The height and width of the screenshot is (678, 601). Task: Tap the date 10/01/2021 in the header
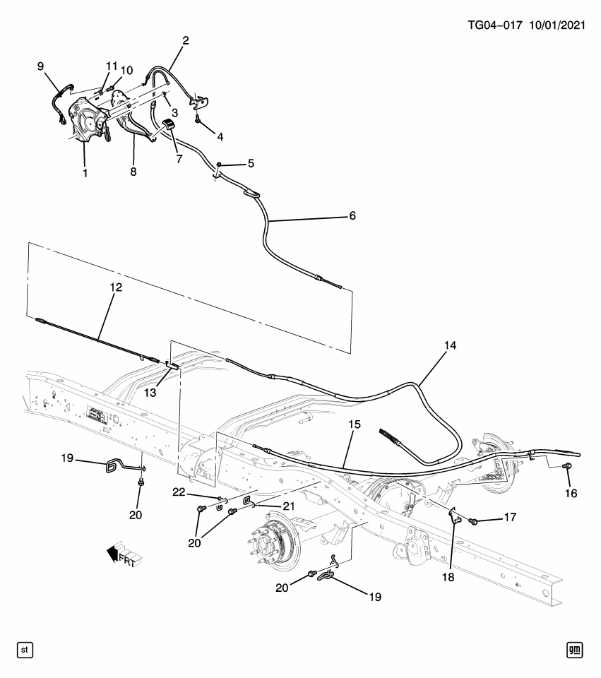coord(559,25)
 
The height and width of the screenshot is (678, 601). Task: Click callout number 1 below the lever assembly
coord(85,172)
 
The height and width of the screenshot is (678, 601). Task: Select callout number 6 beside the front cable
coord(352,215)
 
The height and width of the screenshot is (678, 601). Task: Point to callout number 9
coord(41,66)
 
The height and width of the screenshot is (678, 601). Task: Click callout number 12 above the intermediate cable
coord(115,287)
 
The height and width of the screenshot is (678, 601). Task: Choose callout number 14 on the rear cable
coord(450,345)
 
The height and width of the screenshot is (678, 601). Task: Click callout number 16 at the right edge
coord(571,493)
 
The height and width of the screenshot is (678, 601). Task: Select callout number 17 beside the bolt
coord(508,517)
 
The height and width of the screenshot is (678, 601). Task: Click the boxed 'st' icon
coord(25,648)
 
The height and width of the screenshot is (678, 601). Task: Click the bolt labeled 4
coord(198,121)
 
